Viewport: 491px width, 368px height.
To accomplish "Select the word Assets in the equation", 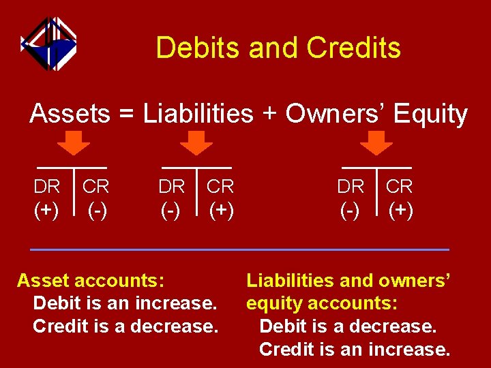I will coord(69,114).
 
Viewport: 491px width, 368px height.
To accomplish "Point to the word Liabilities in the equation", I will coord(198,114).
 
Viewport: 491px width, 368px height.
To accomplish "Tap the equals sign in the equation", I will coord(126,114).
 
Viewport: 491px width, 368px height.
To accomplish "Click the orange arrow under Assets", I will coord(73,142).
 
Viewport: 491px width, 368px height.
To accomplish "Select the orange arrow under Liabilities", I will coord(196,142).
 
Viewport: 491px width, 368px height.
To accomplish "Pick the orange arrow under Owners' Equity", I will coord(376,142).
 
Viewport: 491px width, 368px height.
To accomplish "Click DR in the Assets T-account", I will coord(47,186).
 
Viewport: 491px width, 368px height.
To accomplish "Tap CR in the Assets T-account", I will coord(96,186).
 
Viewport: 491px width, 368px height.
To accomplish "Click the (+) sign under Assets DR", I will coord(46,210).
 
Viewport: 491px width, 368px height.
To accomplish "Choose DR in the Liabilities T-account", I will coord(171,186).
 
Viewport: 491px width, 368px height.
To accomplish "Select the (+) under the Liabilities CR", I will coord(221,210).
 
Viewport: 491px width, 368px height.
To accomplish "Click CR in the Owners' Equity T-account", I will coord(400,186).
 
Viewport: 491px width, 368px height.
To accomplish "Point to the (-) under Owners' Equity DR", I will coord(351,210).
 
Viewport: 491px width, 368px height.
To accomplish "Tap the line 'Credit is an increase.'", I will coord(355,350).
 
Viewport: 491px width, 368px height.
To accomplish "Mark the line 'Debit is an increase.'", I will coord(125,303).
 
